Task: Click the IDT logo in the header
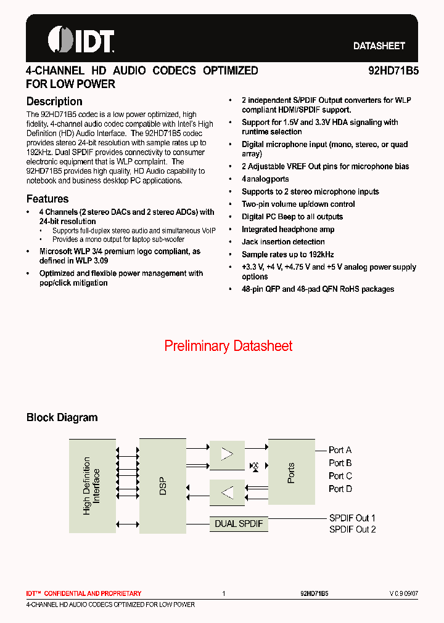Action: [81, 40]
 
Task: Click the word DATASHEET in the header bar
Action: [379, 46]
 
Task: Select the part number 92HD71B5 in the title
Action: [393, 71]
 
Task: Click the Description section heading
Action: [54, 102]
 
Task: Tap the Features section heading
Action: [47, 199]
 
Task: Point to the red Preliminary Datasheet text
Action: [228, 346]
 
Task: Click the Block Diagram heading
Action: [62, 417]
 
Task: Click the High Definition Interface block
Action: [92, 486]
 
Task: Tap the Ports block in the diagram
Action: [291, 472]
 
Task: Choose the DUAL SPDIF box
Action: [239, 524]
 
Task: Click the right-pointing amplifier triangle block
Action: [228, 454]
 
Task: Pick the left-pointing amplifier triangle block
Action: [228, 492]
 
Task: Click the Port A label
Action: [340, 450]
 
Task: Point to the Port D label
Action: [340, 489]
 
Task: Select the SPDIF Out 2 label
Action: [352, 529]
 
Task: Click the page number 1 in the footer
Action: [224, 593]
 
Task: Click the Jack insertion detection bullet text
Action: [283, 242]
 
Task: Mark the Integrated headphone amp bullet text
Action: [288, 229]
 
